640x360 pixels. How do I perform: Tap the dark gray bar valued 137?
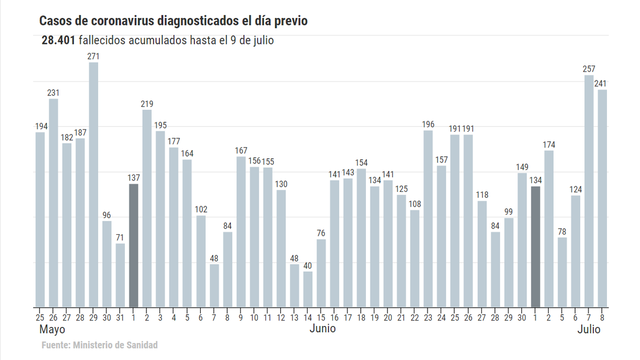pyautogui.click(x=134, y=245)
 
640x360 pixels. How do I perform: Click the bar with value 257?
pyautogui.click(x=589, y=191)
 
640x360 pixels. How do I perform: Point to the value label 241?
pyautogui.click(x=600, y=84)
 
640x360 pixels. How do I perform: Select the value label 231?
pyautogui.click(x=54, y=93)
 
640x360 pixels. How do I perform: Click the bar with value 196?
pyautogui.click(x=428, y=219)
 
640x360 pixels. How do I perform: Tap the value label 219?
pyautogui.click(x=147, y=104)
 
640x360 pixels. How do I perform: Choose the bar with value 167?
pyautogui.click(x=241, y=232)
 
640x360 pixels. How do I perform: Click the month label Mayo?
pyautogui.click(x=52, y=329)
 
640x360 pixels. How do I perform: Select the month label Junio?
pyautogui.click(x=323, y=329)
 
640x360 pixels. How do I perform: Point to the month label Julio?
pyautogui.click(x=589, y=329)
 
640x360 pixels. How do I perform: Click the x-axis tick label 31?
pyautogui.click(x=120, y=317)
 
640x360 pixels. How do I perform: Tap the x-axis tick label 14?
pyautogui.click(x=308, y=317)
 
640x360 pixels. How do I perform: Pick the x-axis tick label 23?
pyautogui.click(x=428, y=317)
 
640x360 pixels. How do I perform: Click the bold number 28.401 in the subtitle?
pyautogui.click(x=59, y=40)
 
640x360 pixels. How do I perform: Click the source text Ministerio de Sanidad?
pyautogui.click(x=116, y=345)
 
